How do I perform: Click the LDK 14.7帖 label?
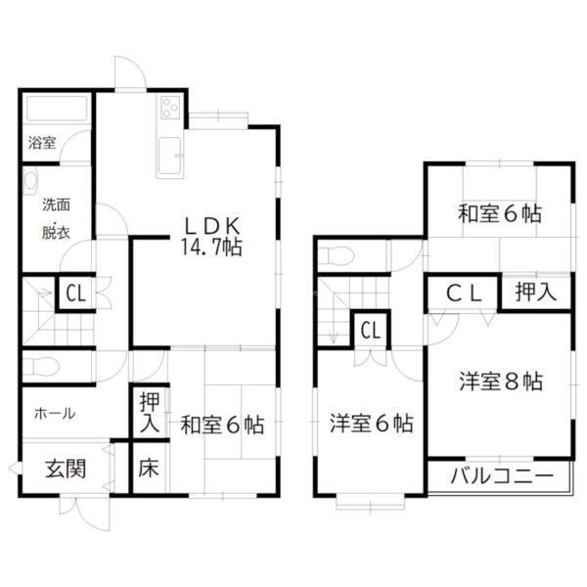pyautogui.click(x=212, y=236)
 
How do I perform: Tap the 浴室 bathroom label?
pyautogui.click(x=42, y=143)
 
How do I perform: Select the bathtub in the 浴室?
pyautogui.click(x=57, y=109)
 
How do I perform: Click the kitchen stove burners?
pyautogui.click(x=170, y=107)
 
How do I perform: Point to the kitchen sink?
pyautogui.click(x=169, y=156)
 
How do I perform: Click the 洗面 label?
pyautogui.click(x=56, y=204)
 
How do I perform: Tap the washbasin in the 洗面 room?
pyautogui.click(x=30, y=181)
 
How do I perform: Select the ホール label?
pyautogui.click(x=55, y=414)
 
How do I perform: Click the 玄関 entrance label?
pyautogui.click(x=66, y=469)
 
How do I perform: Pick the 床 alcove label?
pyautogui.click(x=149, y=468)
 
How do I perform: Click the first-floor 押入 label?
pyautogui.click(x=150, y=413)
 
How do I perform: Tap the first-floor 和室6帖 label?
pyautogui.click(x=222, y=426)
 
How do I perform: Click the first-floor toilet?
pyautogui.click(x=40, y=366)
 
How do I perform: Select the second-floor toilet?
pyautogui.click(x=336, y=255)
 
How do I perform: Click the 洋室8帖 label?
pyautogui.click(x=501, y=382)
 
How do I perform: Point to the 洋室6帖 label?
pyautogui.click(x=372, y=424)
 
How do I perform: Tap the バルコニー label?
pyautogui.click(x=502, y=476)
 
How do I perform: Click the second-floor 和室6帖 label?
pyautogui.click(x=500, y=214)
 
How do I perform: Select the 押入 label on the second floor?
pyautogui.click(x=536, y=292)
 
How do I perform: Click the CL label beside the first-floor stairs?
pyautogui.click(x=76, y=293)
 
